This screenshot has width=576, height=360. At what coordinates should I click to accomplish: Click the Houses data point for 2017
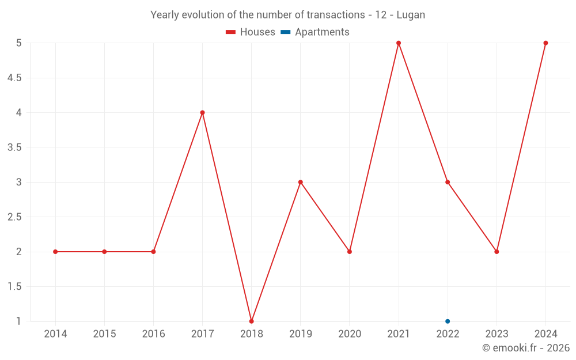[202, 112]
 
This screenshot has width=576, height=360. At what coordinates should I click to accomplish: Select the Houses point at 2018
[251, 321]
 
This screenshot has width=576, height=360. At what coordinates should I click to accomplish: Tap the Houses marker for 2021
[399, 43]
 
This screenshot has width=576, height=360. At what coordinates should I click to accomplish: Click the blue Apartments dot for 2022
[448, 321]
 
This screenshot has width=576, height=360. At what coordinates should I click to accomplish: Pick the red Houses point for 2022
[448, 182]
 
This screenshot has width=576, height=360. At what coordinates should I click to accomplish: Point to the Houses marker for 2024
[545, 43]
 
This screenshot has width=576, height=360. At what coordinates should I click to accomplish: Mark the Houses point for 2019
[300, 182]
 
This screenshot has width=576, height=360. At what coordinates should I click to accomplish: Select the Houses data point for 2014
[55, 252]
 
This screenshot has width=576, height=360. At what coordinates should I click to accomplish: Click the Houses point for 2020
[350, 252]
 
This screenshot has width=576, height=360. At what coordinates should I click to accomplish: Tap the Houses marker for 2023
[497, 252]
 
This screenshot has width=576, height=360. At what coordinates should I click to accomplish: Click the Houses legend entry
[251, 32]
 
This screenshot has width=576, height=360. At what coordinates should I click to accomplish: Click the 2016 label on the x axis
[153, 334]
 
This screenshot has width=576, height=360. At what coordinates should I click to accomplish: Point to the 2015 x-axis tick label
[104, 334]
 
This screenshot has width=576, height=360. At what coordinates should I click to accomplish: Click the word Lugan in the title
[411, 15]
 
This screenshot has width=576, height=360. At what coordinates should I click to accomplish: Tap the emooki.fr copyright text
[526, 348]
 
